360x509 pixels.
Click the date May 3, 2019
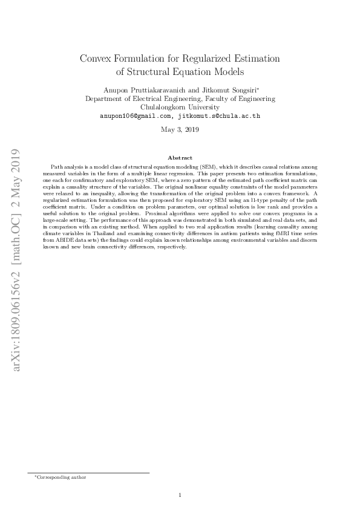180,129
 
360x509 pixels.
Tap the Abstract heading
180,157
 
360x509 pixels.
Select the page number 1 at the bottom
180,496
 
